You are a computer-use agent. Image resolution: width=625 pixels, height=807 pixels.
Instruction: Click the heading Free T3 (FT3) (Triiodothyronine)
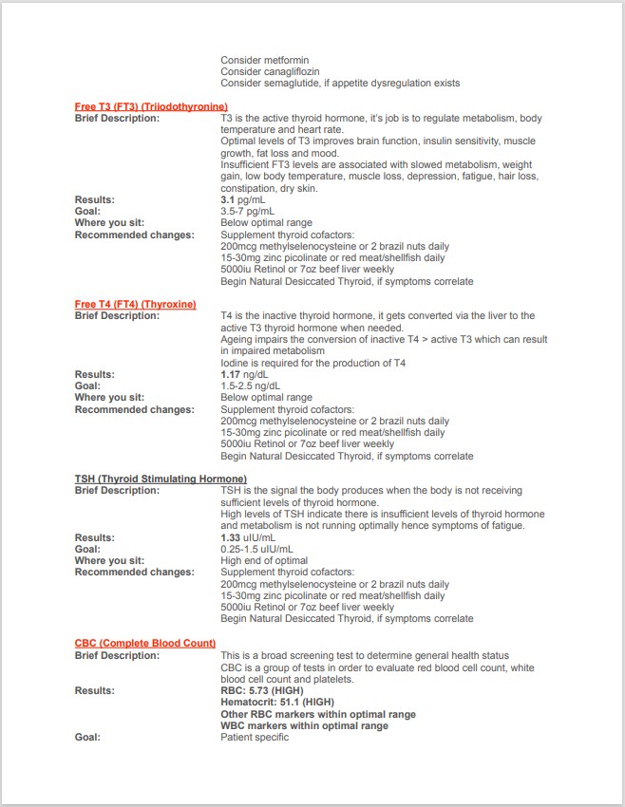click(151, 106)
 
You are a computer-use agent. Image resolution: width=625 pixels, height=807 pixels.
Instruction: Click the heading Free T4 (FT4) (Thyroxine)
click(135, 304)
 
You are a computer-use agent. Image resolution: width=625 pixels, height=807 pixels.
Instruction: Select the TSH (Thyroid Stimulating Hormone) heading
click(161, 479)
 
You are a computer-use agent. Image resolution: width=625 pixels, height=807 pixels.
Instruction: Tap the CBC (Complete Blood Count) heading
click(144, 643)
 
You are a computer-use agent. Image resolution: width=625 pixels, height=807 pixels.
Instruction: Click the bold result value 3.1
click(227, 199)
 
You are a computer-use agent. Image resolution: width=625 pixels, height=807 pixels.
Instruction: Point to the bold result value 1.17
click(230, 374)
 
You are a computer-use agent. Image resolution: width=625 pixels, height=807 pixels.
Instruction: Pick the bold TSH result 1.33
click(230, 537)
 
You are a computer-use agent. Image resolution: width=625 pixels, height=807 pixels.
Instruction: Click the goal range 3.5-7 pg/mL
click(248, 211)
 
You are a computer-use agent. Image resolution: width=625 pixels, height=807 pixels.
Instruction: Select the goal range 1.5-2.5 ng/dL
click(250, 385)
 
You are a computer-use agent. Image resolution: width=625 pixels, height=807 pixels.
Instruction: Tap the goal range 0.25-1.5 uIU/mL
click(256, 549)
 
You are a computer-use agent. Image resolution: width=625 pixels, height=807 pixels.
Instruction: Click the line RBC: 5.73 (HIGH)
click(262, 690)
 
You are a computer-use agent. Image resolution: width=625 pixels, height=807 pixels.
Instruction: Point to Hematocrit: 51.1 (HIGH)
click(277, 702)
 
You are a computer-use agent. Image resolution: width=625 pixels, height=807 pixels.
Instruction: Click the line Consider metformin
click(264, 60)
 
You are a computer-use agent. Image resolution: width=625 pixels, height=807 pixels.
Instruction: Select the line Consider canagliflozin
click(270, 71)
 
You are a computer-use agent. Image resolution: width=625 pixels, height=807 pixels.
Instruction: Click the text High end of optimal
click(264, 560)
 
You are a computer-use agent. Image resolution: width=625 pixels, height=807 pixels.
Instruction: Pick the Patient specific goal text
click(255, 737)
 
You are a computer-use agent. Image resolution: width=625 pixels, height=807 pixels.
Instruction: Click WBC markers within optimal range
click(304, 725)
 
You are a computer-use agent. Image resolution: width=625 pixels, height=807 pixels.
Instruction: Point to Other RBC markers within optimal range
click(317, 714)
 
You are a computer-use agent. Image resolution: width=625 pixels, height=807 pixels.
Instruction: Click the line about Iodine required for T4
click(312, 363)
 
